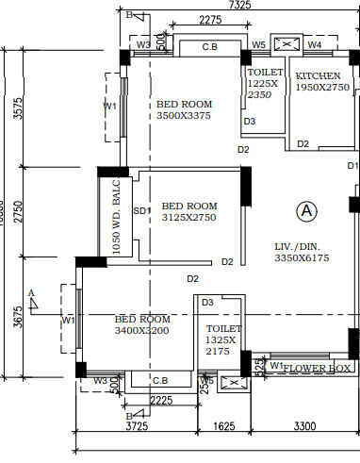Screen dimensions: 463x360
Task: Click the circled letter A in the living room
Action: (305, 211)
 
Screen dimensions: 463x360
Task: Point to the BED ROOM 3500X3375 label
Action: (185, 109)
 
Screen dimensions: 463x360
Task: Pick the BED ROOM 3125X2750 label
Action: (189, 211)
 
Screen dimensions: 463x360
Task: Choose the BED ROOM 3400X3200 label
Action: (142, 325)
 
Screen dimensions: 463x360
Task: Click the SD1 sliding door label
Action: (142, 210)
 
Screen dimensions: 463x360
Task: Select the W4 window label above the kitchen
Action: (315, 44)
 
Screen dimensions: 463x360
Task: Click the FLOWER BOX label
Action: (317, 367)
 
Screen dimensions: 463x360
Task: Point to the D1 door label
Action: (352, 165)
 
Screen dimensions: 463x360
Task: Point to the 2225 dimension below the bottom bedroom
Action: (160, 400)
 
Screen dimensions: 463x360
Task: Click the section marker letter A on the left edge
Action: (31, 293)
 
